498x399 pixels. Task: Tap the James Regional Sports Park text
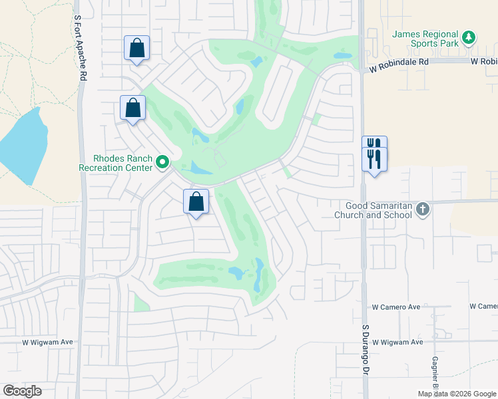(x=425, y=39)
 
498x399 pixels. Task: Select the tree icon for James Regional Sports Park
(x=469, y=37)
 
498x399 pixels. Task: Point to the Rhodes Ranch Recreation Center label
(x=116, y=164)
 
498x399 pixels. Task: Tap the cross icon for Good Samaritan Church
(x=422, y=210)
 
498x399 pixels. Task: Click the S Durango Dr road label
(x=366, y=360)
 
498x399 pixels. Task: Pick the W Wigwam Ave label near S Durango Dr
(x=397, y=342)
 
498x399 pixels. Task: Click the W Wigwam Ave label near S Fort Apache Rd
(x=47, y=342)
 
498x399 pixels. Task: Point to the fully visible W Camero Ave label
(x=396, y=307)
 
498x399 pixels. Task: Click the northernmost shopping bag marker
(x=136, y=49)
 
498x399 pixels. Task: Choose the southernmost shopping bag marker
(x=196, y=202)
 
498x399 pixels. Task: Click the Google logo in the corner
(x=22, y=391)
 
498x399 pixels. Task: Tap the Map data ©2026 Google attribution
(x=457, y=394)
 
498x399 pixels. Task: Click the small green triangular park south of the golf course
(x=140, y=303)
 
